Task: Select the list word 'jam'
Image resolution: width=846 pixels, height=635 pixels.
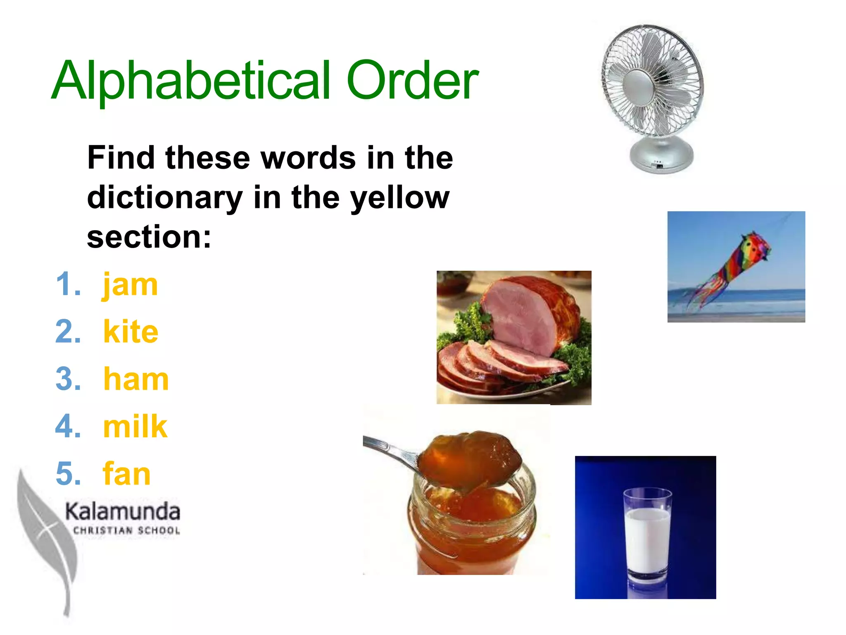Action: point(130,285)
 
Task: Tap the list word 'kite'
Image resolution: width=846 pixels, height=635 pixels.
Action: point(131,332)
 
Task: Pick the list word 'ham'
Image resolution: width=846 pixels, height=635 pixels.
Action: point(136,380)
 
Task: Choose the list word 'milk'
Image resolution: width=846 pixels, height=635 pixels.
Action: point(135,427)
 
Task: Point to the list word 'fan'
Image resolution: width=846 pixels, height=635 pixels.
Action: point(126,474)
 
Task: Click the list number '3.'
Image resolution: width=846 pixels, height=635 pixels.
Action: point(68,380)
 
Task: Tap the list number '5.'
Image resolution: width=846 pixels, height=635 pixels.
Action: point(68,474)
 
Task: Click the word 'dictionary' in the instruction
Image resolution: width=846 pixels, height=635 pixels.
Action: point(165,198)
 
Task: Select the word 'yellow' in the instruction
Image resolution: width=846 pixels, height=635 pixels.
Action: point(400,198)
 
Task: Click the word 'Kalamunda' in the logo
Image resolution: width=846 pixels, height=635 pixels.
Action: point(123,512)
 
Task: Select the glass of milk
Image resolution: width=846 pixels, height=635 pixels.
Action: point(647,533)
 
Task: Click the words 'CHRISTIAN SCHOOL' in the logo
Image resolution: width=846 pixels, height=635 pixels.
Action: point(126,531)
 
